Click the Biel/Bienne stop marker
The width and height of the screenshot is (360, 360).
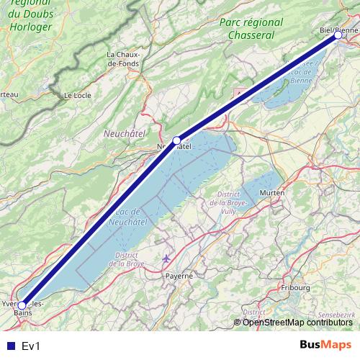[338, 35]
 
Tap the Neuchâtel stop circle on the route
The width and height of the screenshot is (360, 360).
[176, 140]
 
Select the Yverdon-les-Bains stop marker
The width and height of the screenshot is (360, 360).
[22, 305]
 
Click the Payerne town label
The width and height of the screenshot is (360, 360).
[179, 275]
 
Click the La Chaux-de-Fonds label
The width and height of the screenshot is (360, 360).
[124, 59]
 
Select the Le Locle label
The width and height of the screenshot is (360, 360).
[77, 95]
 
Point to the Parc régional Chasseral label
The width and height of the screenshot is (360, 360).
[247, 29]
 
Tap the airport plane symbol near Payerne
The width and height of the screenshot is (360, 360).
[167, 258]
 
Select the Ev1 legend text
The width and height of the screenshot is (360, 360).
[31, 346]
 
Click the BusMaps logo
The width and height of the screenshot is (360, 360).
[326, 345]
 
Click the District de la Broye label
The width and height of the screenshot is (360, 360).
[127, 259]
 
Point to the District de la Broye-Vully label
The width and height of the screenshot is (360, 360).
[229, 203]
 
